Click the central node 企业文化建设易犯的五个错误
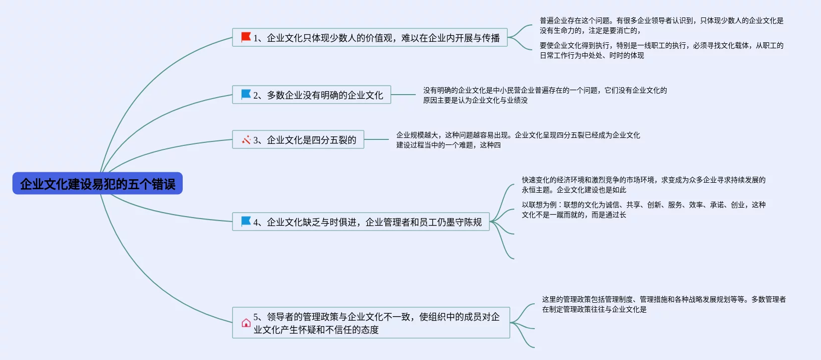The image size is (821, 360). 98,184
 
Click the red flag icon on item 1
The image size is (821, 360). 246,37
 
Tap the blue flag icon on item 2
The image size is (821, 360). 246,94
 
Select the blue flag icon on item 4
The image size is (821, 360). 246,221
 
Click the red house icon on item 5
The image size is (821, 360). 246,323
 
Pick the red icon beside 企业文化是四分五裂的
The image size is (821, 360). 246,140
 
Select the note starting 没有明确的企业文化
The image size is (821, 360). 545,95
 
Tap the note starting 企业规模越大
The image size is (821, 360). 518,140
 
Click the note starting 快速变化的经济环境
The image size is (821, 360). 643,185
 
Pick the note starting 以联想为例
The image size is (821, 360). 643,210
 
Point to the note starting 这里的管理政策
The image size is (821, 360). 664,304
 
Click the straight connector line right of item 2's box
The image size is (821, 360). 403,95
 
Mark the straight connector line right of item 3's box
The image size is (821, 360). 376,139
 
